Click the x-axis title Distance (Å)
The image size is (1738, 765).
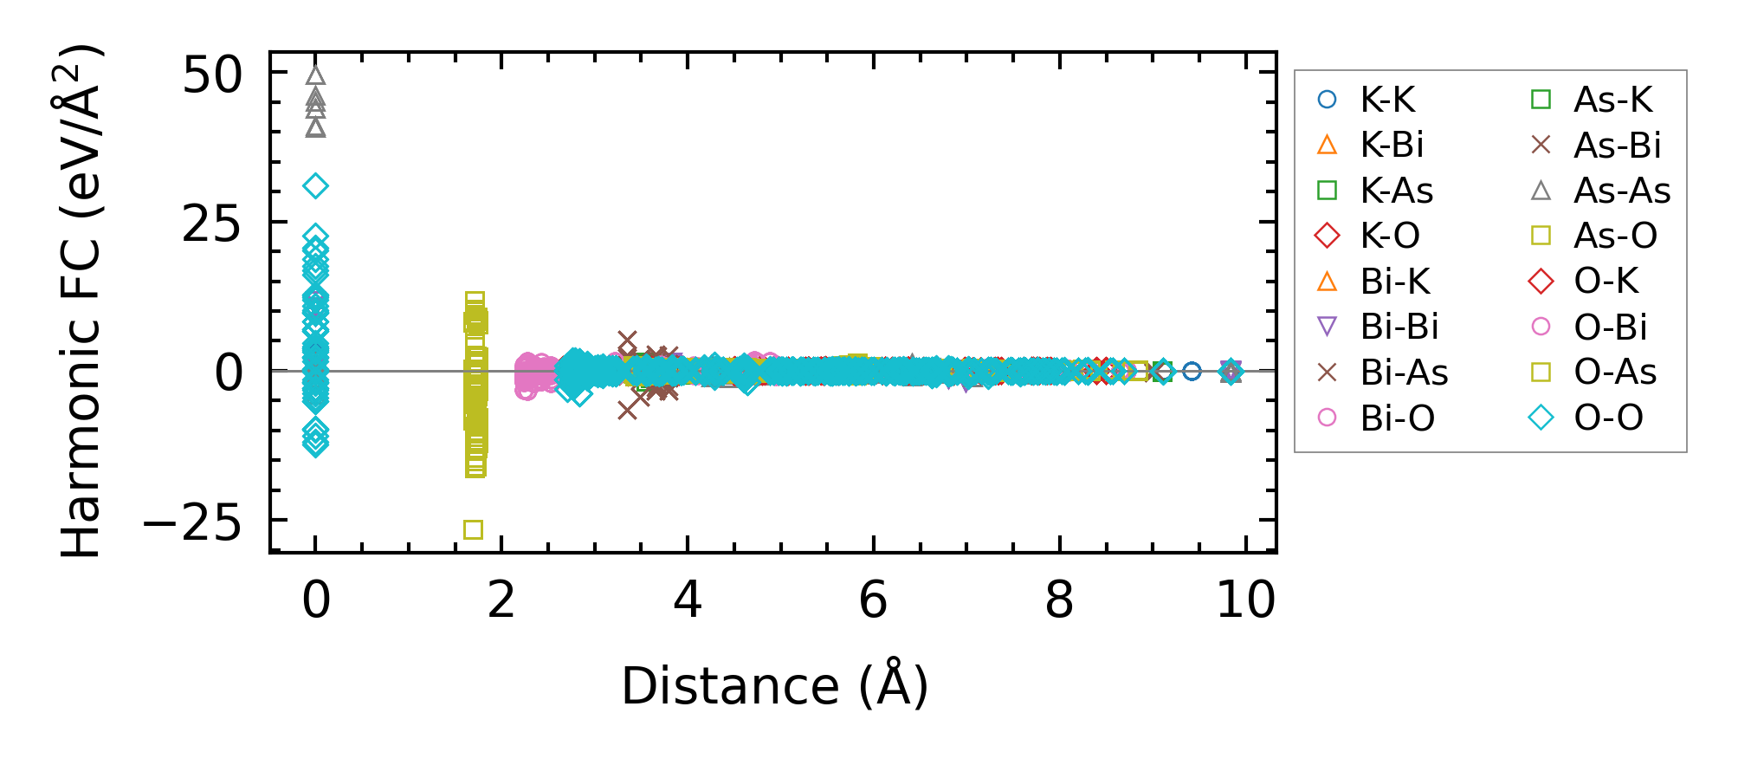774,687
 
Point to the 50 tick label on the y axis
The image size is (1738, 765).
212,75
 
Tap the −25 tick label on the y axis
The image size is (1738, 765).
192,522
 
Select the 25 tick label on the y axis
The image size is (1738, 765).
212,224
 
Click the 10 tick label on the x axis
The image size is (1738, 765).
1245,600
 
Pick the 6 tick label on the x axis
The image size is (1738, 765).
873,600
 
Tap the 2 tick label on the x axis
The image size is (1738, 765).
501,600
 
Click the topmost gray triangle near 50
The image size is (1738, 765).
316,75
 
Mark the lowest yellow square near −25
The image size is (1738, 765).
473,529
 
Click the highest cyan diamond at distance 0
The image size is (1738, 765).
316,185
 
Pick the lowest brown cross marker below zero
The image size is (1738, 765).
628,410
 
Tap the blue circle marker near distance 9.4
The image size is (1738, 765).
1192,371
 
